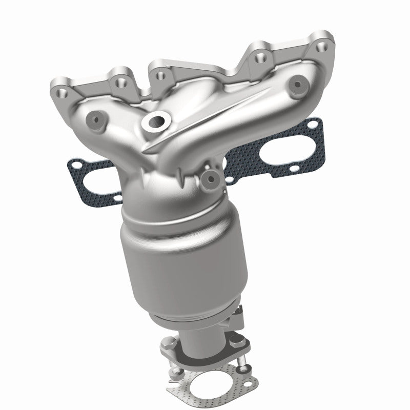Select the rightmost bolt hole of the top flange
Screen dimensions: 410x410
click(x=322, y=47)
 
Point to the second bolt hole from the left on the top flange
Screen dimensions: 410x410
click(x=122, y=80)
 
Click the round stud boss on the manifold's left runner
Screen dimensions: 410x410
click(x=96, y=118)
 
